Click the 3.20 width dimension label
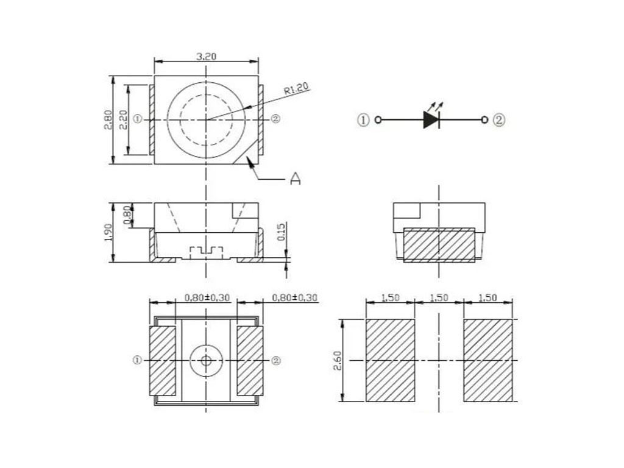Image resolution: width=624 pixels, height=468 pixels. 206,57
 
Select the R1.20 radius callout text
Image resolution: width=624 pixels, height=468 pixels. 297,89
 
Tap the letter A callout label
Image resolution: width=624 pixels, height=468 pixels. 295,179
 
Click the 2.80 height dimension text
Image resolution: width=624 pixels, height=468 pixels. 108,119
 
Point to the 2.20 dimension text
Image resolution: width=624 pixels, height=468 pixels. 123,119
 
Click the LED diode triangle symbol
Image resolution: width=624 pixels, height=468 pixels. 431,119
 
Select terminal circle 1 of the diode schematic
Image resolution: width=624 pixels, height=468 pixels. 378,119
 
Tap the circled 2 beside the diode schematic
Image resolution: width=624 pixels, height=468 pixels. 499,119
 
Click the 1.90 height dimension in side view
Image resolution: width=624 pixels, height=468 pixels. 107,232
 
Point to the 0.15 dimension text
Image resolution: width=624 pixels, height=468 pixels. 282,232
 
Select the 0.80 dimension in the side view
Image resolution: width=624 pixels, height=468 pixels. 127,215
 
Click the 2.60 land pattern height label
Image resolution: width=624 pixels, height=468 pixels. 338,361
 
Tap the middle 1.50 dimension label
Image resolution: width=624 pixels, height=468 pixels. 439,297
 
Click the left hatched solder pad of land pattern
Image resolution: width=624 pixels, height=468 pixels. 390,360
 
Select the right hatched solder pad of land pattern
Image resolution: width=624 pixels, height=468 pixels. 488,360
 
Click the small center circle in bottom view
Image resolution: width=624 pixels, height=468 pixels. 206,361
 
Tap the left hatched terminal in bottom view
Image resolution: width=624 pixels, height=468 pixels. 162,361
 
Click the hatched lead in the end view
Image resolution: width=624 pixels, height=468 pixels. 439,245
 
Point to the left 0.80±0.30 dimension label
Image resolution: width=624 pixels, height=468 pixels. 207,297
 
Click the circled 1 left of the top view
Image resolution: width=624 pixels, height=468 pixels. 137,119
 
